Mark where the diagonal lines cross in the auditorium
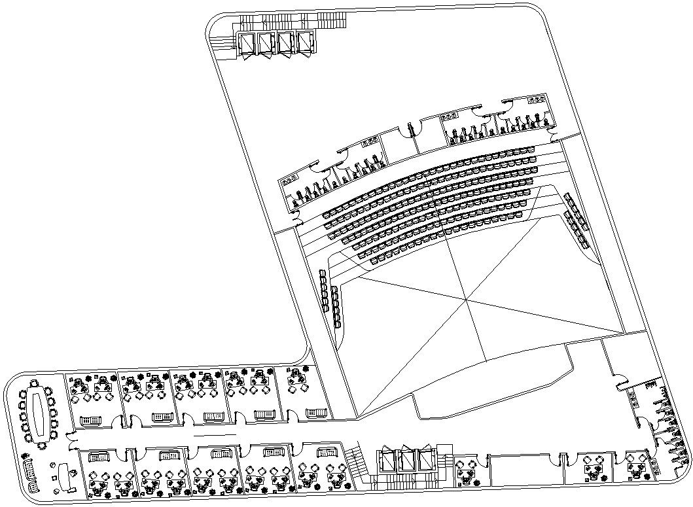tap(466, 299)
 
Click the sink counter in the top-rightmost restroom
tap(537, 99)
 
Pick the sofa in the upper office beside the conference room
tap(90, 419)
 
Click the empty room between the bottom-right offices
tap(521, 469)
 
